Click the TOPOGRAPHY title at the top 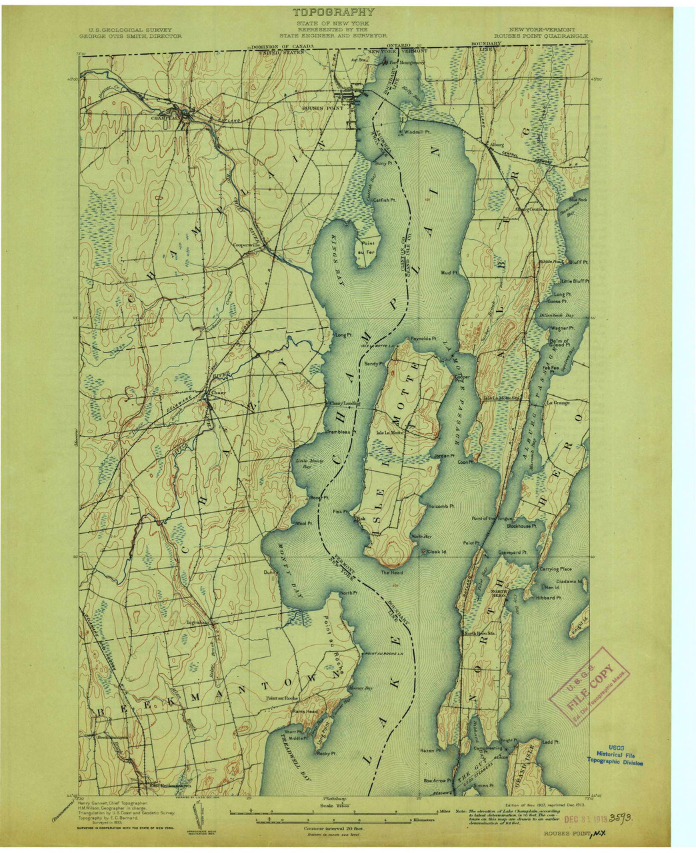pyautogui.click(x=333, y=12)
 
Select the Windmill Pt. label pyautogui.click(x=417, y=132)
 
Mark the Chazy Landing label pyautogui.click(x=344, y=404)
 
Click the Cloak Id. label pyautogui.click(x=437, y=552)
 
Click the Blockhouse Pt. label pyautogui.click(x=526, y=526)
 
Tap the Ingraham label pyautogui.click(x=198, y=622)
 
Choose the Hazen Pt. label pyautogui.click(x=431, y=750)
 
